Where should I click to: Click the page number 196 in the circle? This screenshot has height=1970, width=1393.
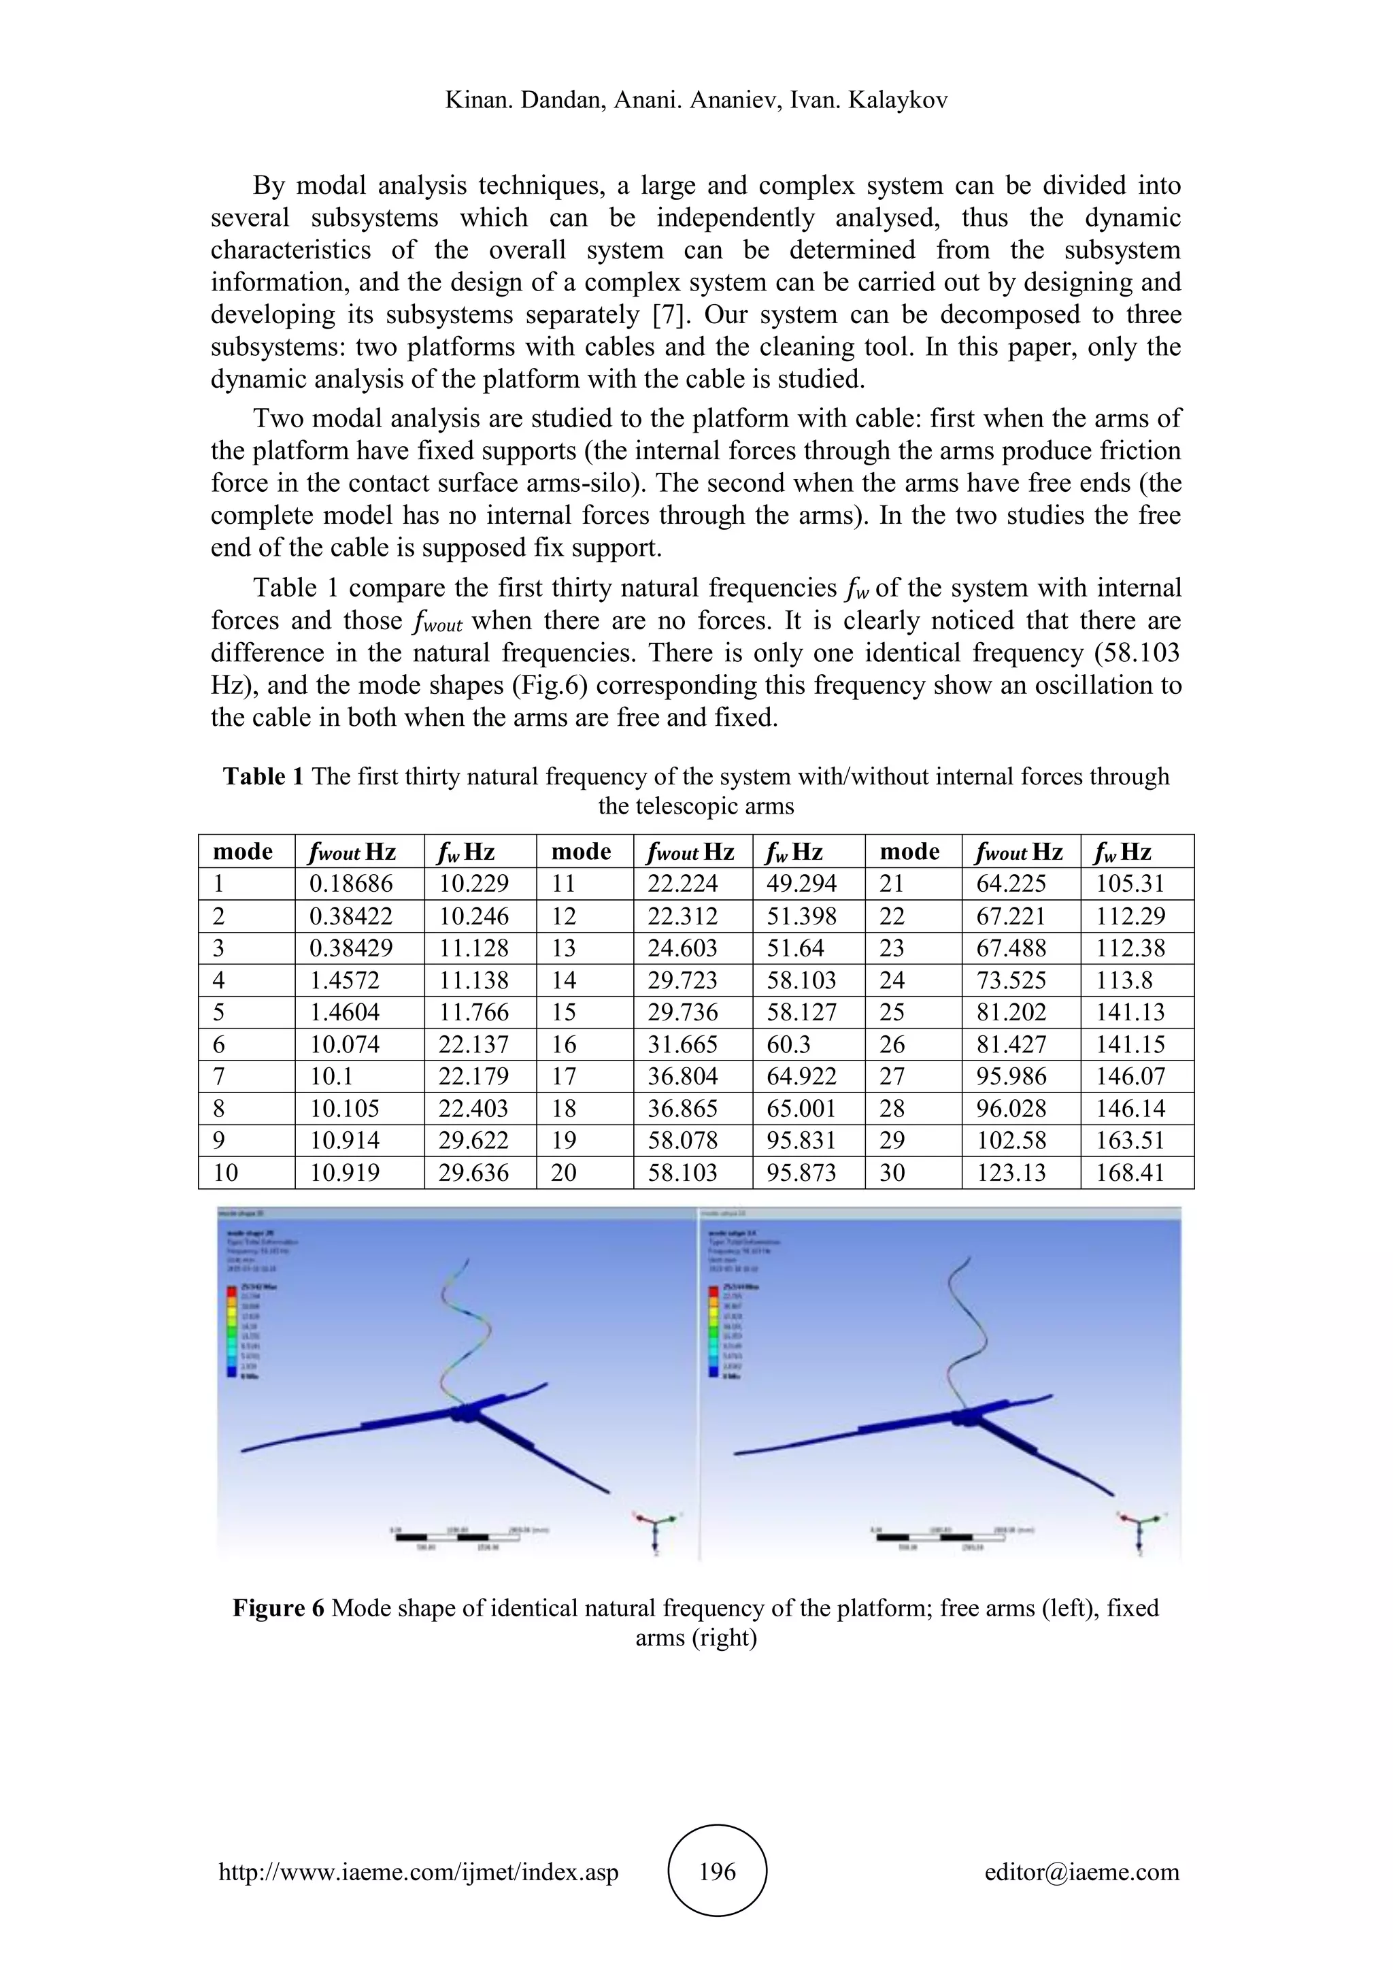pyautogui.click(x=717, y=1871)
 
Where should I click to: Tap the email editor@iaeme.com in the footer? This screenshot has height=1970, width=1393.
pyautogui.click(x=1081, y=1871)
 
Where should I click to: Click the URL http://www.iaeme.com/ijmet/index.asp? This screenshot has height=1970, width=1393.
pyautogui.click(x=418, y=1871)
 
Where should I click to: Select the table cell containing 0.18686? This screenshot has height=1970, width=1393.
pyautogui.click(x=352, y=884)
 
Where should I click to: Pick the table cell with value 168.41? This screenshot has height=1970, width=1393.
pyautogui.click(x=1130, y=1173)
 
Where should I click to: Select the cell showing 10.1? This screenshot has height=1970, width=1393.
pyautogui.click(x=331, y=1077)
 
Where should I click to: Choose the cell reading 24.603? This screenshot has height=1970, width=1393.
pyautogui.click(x=682, y=948)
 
